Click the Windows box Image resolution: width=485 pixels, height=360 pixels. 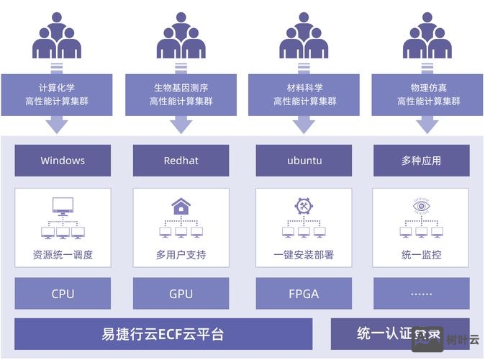point(63,161)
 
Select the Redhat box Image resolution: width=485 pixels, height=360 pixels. point(181,161)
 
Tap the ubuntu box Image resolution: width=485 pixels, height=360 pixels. point(303,161)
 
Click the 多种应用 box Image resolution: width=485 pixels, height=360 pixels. point(421,161)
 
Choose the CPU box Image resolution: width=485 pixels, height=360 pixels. point(63,294)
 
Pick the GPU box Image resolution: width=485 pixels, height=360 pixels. point(181,294)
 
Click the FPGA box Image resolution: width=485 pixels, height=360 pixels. point(303,294)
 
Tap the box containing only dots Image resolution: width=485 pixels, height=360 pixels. point(421,294)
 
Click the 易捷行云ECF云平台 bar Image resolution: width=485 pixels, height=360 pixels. point(163,334)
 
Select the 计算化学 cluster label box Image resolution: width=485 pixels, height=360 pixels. point(56,94)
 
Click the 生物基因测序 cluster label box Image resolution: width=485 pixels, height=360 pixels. point(181,94)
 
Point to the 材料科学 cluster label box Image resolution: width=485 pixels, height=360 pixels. point(304,94)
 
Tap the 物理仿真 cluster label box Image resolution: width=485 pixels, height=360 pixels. point(427,94)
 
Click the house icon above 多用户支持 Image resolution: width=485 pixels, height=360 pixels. point(181,207)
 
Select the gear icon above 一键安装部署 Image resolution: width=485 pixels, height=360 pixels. point(304,206)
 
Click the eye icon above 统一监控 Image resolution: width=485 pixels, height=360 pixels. point(422,206)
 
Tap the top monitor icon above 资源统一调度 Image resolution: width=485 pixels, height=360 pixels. point(63,207)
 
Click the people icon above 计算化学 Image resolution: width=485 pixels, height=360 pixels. point(56,35)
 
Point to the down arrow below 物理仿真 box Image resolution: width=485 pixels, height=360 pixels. point(427,125)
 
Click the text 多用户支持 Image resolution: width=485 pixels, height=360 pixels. point(181,255)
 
